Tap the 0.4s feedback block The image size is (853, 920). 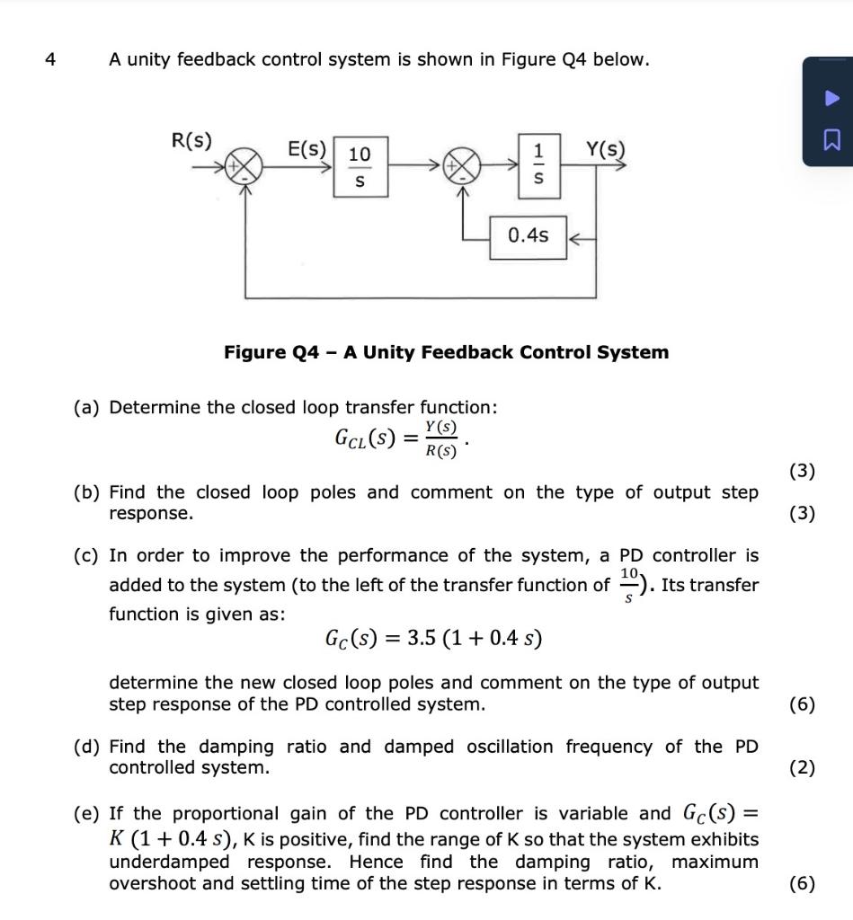[528, 236]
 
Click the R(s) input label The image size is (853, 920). [191, 141]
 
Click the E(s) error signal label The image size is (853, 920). [307, 149]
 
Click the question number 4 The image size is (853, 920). [50, 60]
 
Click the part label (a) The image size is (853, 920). [88, 408]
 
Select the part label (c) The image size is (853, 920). [88, 556]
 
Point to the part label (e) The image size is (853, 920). [88, 814]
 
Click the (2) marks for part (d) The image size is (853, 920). [802, 768]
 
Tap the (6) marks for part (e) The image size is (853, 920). [802, 883]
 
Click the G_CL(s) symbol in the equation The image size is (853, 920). [363, 438]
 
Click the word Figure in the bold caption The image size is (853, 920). [253, 352]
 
